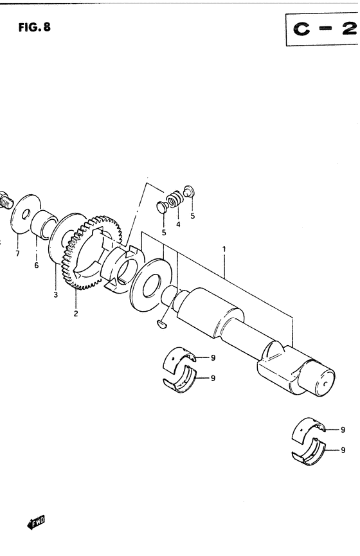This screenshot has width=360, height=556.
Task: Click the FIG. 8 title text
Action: (x=35, y=27)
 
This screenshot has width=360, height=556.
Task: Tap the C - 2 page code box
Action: (x=322, y=29)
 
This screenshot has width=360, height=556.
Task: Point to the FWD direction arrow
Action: (x=36, y=522)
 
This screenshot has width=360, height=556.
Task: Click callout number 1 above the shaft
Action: (x=224, y=249)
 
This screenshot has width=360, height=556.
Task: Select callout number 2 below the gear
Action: (x=76, y=314)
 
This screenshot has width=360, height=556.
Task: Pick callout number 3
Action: (x=56, y=294)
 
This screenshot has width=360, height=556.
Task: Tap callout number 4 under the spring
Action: (x=178, y=224)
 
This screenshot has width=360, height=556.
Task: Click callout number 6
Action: (x=37, y=265)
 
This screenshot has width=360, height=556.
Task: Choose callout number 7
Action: (x=17, y=253)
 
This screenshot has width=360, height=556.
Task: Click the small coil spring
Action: (x=174, y=199)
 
